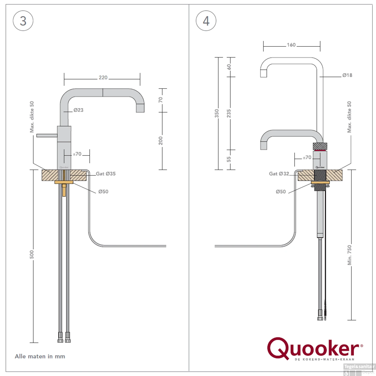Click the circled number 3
23,21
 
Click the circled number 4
206,21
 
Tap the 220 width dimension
103,78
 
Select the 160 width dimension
291,45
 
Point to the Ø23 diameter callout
78,110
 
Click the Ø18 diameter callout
347,75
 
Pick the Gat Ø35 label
106,174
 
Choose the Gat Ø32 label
279,174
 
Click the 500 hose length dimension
32,254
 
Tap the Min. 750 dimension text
349,255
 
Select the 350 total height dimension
217,113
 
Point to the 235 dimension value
229,113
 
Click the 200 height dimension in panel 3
161,141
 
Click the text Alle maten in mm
40,356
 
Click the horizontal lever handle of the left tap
47,136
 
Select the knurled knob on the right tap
320,146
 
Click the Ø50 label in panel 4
281,192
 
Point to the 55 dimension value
229,159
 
